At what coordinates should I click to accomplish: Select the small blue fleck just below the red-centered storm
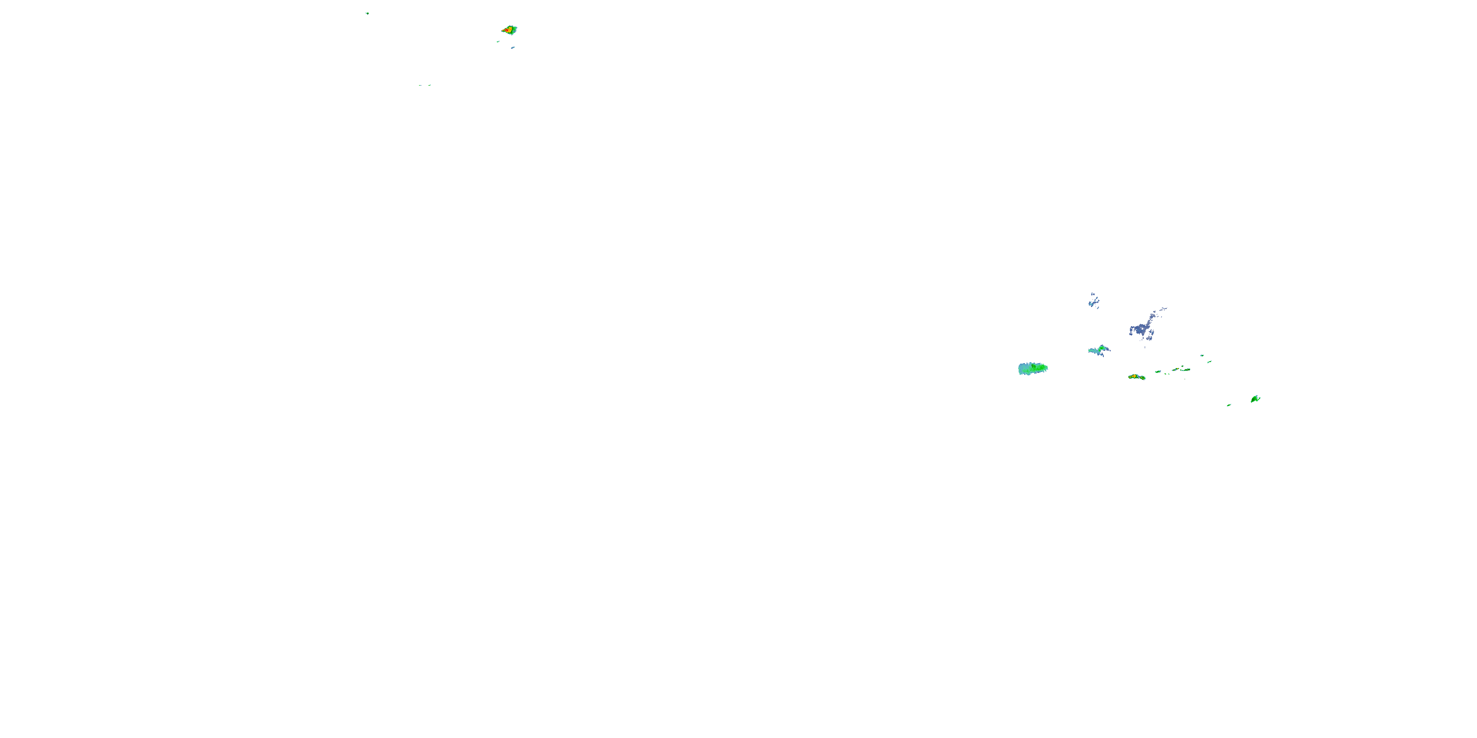point(513,48)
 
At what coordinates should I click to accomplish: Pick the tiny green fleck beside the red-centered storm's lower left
point(498,41)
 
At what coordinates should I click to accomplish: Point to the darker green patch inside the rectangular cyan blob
point(1037,368)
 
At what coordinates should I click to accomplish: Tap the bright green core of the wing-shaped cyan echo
point(1101,348)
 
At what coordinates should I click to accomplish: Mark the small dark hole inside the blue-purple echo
point(1143,329)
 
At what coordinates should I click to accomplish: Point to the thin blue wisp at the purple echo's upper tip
point(1163,309)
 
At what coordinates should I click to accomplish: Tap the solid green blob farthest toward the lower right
point(1255,399)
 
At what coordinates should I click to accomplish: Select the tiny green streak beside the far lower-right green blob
point(1229,405)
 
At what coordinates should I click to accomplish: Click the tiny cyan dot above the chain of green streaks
point(1202,355)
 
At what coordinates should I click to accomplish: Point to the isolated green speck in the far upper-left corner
point(367,13)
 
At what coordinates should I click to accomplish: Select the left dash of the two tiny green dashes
point(420,85)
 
